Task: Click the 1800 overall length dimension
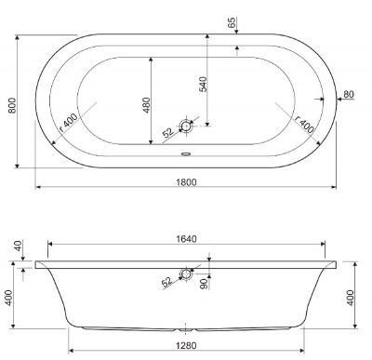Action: (186, 182)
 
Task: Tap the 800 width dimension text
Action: (12, 105)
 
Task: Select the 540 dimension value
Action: (203, 84)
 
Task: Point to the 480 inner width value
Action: (146, 105)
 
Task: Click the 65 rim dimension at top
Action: (232, 22)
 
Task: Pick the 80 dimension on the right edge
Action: (349, 94)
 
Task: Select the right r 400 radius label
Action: (304, 123)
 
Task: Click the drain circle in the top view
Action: (186, 127)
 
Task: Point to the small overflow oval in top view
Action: (186, 153)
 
